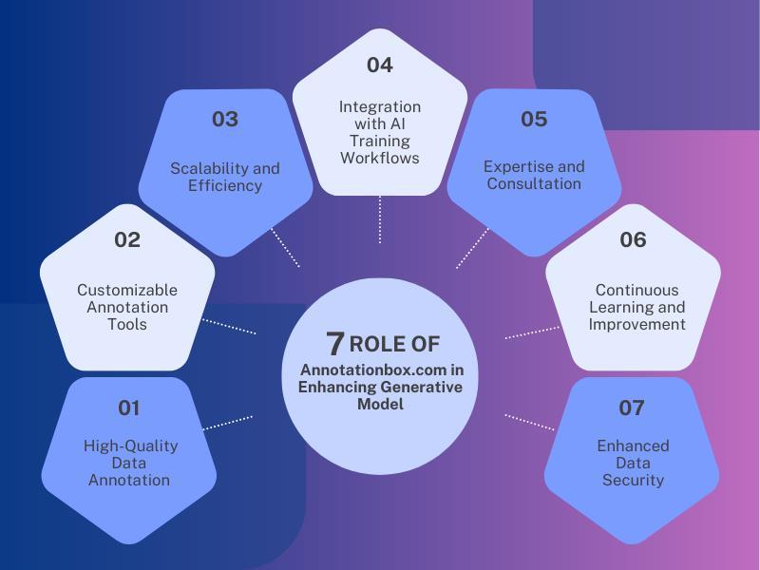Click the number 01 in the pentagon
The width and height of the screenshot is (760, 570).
(128, 408)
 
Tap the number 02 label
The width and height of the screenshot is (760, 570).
(127, 239)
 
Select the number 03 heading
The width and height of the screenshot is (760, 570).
(225, 119)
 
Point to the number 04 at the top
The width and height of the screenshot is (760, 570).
(380, 65)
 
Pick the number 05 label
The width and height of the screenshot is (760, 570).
(534, 119)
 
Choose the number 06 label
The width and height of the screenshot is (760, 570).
(633, 239)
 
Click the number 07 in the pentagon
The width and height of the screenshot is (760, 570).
(632, 408)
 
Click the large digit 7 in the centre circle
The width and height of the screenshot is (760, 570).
(334, 343)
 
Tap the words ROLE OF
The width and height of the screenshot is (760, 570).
(394, 344)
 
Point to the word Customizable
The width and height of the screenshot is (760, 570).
(127, 290)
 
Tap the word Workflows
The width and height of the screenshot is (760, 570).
(380, 158)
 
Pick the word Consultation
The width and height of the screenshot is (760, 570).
(534, 183)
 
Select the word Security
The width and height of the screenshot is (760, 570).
(633, 480)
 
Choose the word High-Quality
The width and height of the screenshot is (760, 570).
(130, 446)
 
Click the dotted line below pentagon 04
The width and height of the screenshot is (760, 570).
(380, 219)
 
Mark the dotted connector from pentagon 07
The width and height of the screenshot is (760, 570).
(529, 423)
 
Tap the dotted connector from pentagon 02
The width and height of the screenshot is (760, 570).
(229, 326)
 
